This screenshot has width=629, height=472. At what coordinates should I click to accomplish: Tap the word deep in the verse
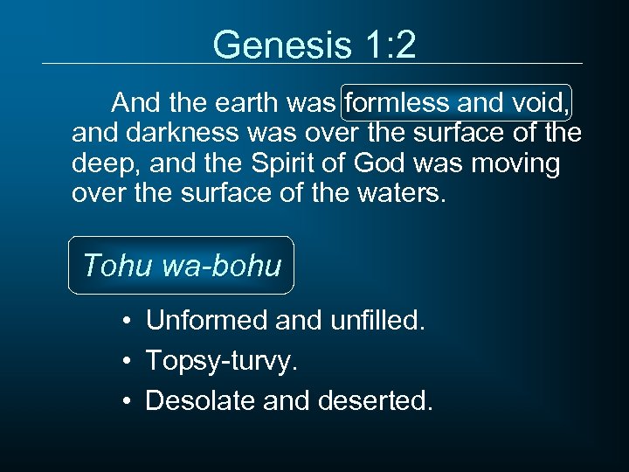pos(100,163)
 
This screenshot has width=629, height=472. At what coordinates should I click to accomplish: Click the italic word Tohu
pos(118,265)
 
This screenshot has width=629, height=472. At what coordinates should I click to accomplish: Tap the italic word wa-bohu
pos(222,265)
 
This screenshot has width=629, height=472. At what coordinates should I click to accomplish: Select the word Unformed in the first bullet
pos(206,321)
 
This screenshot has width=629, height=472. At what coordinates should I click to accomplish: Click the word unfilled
pos(377,321)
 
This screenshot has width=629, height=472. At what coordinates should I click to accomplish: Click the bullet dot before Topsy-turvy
pos(128,361)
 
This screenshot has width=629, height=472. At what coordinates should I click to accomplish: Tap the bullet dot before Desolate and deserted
pos(128,401)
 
